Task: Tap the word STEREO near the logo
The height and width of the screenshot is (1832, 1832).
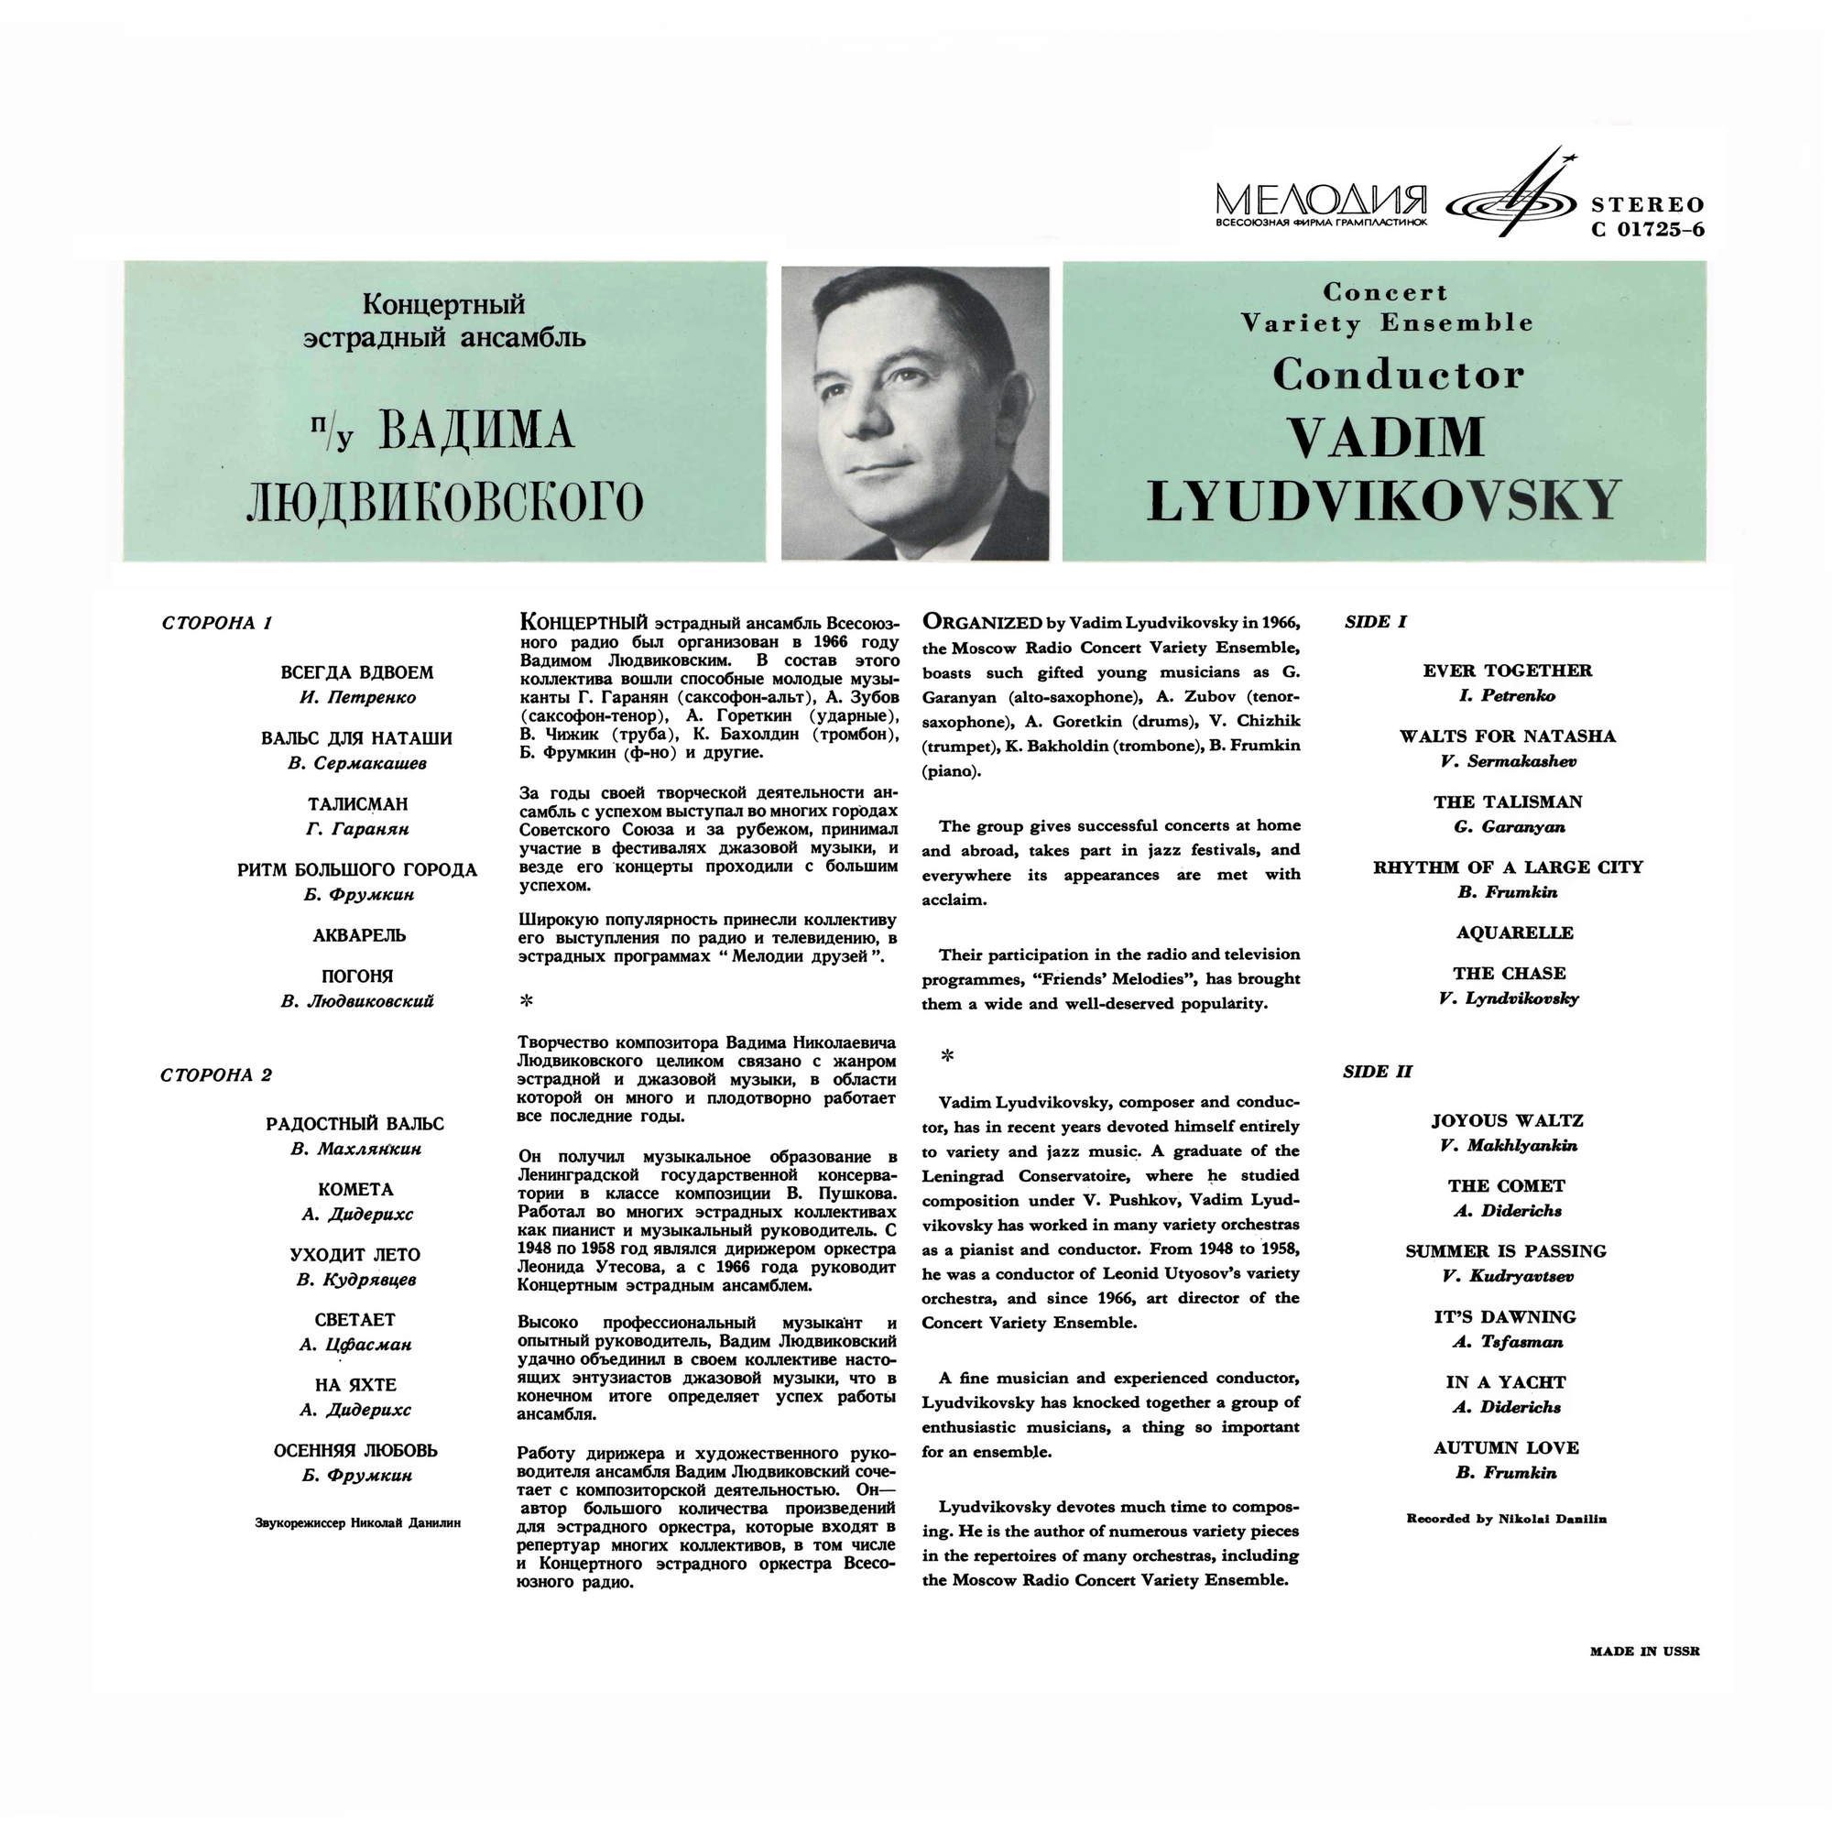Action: point(1647,204)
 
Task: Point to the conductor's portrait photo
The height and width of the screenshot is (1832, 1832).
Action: point(915,412)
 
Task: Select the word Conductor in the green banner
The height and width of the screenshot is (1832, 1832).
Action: point(1398,375)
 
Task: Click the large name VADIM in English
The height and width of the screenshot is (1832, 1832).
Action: point(1385,437)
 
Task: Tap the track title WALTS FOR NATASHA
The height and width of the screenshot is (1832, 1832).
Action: point(1507,736)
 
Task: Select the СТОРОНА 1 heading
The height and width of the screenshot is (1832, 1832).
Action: point(217,623)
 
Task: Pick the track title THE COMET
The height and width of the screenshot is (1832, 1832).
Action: point(1506,1185)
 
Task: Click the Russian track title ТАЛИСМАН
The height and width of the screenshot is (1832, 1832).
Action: point(357,804)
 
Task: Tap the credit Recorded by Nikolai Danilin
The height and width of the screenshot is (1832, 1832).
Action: point(1506,1518)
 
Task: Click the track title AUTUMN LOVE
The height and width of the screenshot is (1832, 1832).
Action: point(1506,1447)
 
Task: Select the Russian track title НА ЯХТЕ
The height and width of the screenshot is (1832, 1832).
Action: point(355,1384)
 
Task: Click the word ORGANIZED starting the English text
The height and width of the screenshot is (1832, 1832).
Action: point(982,622)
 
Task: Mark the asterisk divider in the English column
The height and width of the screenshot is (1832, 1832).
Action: point(946,1055)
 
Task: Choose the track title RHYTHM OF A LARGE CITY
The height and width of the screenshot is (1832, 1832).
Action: point(1508,867)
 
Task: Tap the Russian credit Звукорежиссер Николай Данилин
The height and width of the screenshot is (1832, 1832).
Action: point(357,1523)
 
